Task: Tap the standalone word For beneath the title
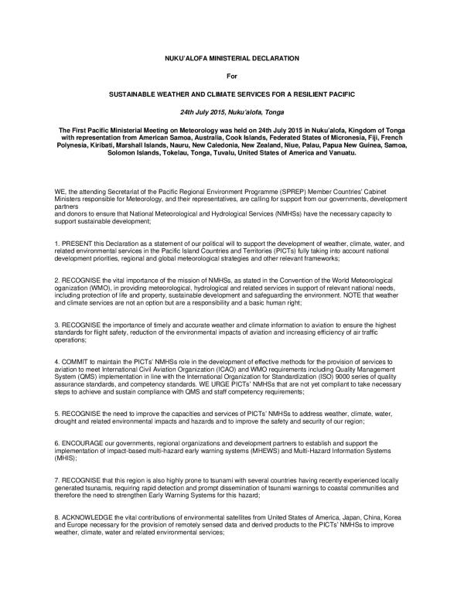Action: pos(232,76)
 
